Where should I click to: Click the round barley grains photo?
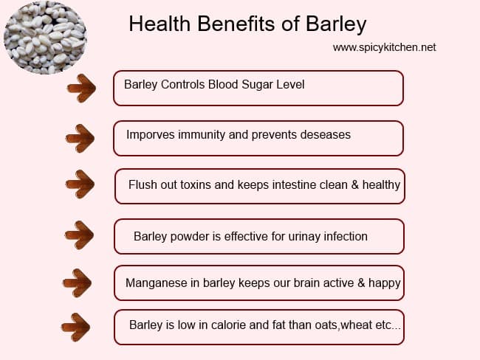45,38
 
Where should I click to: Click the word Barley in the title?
336,24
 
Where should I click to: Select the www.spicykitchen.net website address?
385,47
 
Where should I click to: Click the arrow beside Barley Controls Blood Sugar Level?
81,88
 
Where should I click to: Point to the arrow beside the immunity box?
80,138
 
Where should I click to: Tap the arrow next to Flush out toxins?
80,184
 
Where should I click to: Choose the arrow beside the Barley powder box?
79,235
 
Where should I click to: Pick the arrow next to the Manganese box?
77,283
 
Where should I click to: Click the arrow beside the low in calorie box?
75,327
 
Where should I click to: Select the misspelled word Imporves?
151,135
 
